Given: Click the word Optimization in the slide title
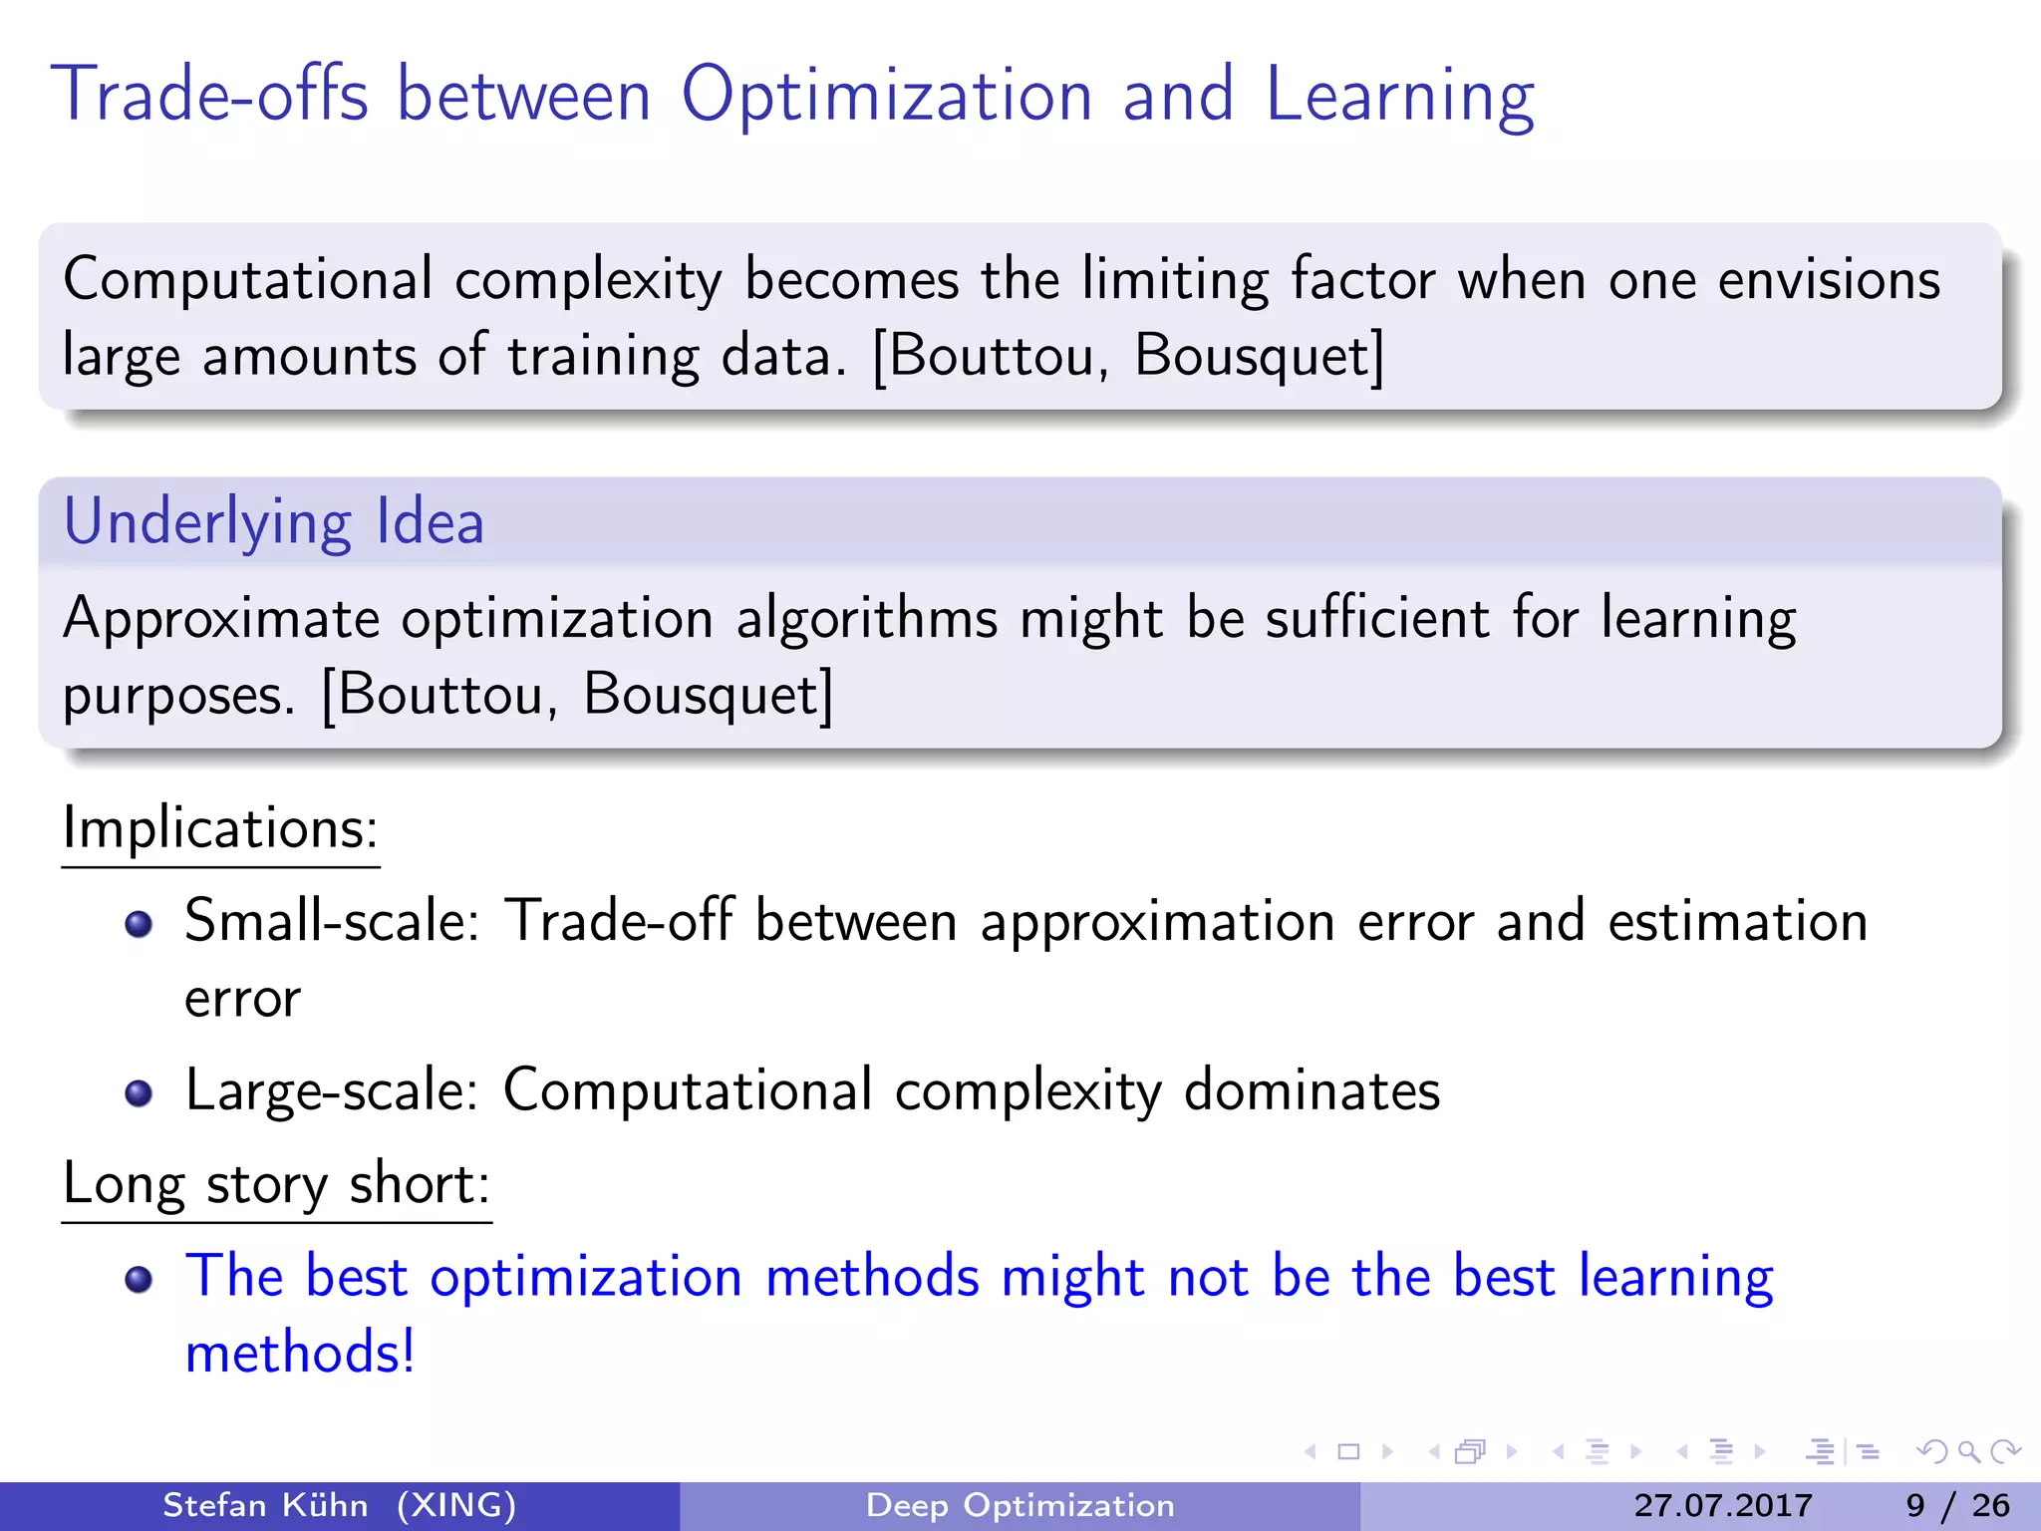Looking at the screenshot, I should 886,97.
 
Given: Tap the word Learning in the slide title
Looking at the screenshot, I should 1399,97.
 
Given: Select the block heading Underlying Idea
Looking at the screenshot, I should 273,522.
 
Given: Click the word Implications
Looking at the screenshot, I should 219,827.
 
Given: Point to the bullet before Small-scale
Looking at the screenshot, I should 139,924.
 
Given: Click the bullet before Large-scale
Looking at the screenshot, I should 139,1093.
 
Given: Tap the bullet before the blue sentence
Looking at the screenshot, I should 139,1279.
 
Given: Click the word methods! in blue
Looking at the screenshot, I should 300,1353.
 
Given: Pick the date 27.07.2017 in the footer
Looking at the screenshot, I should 1722,1505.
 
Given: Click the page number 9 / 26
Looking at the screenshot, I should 1957,1505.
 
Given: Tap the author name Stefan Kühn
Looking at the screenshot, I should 265,1505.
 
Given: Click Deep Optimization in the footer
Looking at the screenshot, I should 1020,1505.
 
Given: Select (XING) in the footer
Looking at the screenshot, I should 456,1505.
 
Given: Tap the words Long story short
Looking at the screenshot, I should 275,1184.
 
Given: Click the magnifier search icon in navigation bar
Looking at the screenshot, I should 1968,1451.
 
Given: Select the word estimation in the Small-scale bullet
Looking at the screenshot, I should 1737,921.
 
